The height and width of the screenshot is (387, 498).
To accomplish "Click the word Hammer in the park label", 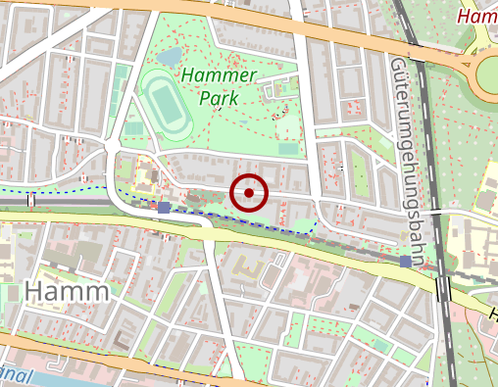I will [x=219, y=76].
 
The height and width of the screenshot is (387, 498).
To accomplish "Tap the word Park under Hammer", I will [x=218, y=98].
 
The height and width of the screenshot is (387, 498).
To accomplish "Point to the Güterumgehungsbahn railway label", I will [x=410, y=147].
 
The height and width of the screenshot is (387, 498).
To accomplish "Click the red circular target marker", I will [x=249, y=193].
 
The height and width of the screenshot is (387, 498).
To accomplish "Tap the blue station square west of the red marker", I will [x=164, y=207].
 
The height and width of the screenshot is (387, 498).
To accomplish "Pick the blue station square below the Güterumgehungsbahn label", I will [x=406, y=262].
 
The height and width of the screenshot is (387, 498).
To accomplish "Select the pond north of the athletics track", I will [x=171, y=58].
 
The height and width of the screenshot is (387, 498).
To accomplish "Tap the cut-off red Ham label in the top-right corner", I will [x=477, y=15].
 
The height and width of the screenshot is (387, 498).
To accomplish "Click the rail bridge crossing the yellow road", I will [x=444, y=287].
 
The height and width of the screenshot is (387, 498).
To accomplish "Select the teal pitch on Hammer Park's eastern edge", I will [x=288, y=149].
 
